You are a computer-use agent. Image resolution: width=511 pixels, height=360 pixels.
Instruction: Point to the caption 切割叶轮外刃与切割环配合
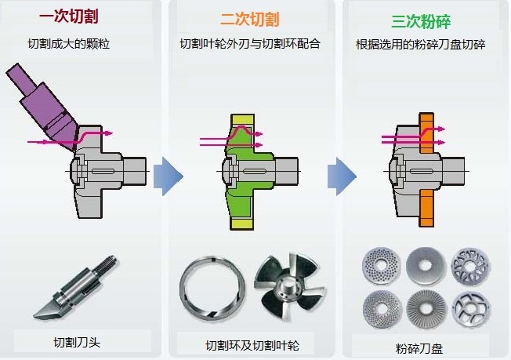click(249, 44)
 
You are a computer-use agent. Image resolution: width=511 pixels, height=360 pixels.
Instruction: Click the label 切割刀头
click(77, 342)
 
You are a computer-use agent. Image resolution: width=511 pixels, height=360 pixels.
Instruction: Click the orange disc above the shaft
click(427, 133)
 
